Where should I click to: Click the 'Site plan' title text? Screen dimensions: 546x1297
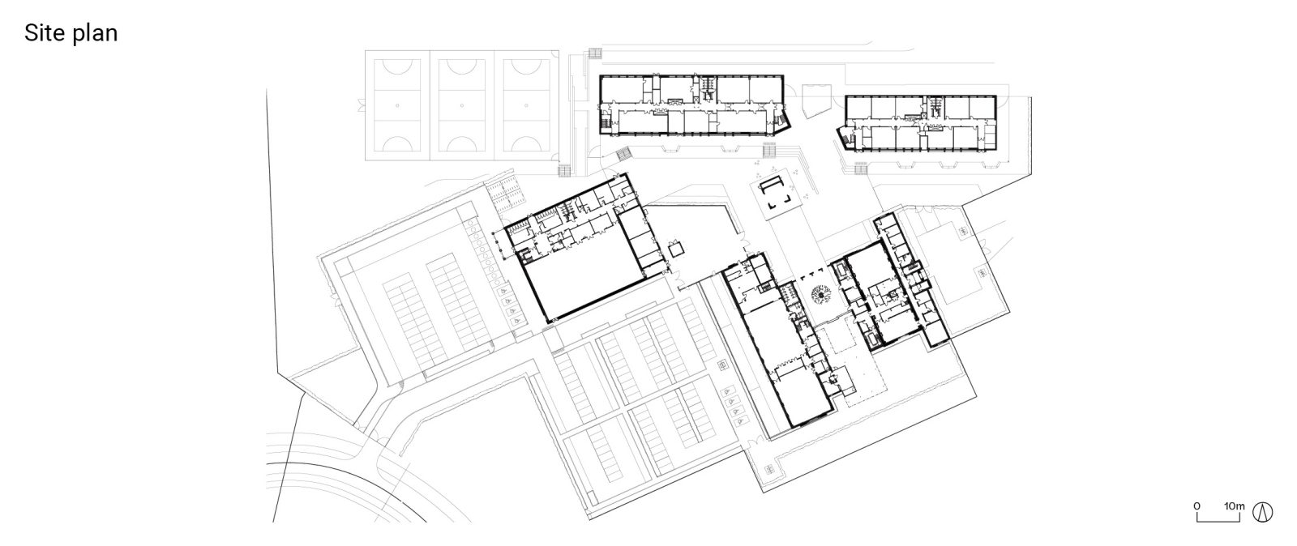coord(71,33)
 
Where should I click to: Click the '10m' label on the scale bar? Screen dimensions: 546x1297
coord(1234,505)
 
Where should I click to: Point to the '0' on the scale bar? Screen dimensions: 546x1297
coord(1197,505)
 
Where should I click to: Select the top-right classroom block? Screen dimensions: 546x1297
coord(920,122)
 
